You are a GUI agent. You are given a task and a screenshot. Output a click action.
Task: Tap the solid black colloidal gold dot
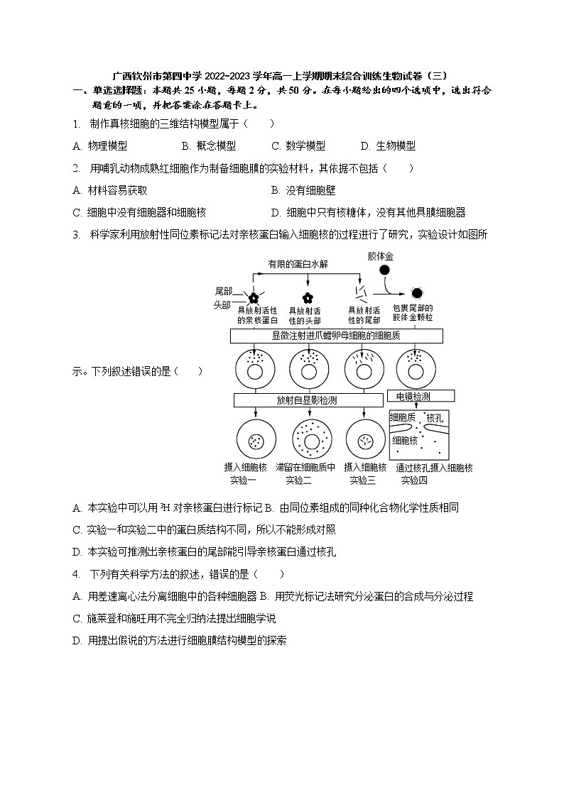[384, 270]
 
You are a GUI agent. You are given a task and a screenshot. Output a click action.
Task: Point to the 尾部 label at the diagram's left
[224, 292]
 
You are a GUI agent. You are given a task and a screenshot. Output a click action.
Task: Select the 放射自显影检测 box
[308, 400]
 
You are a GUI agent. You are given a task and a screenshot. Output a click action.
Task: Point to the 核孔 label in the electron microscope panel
[435, 419]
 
